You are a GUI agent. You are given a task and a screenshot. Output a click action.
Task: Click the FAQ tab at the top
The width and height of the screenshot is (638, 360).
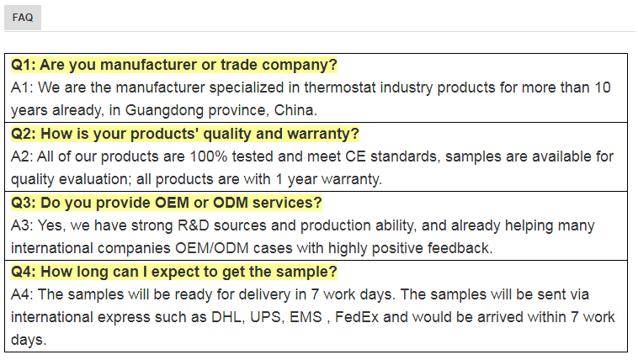pos(23,18)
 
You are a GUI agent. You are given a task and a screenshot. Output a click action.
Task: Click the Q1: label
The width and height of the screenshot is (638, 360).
pos(24,65)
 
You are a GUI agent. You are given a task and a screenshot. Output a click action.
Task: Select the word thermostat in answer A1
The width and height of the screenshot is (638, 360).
pos(340,87)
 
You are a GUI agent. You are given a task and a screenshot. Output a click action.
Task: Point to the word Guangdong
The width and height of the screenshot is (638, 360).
pos(164,110)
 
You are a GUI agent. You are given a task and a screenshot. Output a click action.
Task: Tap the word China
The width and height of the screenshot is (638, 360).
pos(295,110)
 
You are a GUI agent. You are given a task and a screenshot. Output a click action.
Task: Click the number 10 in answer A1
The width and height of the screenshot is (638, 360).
pos(603,87)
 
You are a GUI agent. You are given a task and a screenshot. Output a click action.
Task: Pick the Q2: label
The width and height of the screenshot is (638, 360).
pos(24,134)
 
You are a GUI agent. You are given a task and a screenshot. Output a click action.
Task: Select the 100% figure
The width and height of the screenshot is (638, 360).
pos(209,156)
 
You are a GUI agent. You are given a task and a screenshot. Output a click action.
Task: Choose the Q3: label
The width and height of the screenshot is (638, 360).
pos(24,203)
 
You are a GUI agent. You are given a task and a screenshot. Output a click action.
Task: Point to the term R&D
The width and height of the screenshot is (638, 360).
pos(194,225)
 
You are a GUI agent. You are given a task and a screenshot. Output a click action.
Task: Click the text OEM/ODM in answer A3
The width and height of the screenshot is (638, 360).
pos(212,248)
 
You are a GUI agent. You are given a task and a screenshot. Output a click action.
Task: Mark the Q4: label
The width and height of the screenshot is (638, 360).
pos(24,272)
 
